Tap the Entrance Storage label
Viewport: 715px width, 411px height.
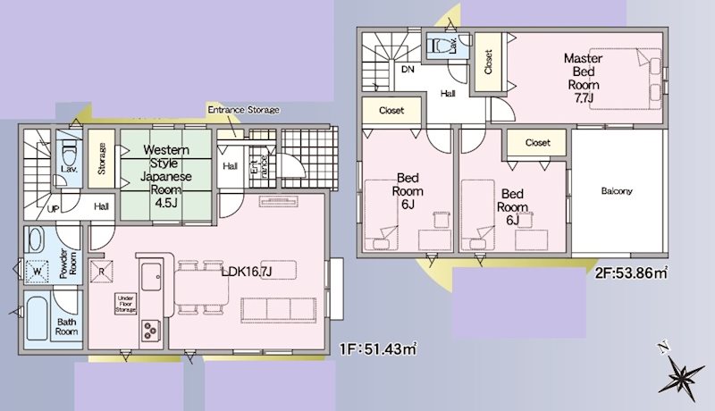243,110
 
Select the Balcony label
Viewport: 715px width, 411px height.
617,191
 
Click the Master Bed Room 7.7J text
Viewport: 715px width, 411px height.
584,78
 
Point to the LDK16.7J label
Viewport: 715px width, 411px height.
247,272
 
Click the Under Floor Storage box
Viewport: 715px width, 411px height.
125,304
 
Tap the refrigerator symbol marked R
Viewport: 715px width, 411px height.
101,272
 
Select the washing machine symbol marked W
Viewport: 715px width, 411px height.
37,272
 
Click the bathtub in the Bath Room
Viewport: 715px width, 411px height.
37,318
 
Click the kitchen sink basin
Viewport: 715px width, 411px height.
151,277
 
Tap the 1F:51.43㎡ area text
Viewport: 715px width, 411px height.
378,349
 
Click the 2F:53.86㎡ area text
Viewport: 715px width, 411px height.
631,273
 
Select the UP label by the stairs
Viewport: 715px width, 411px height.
54,209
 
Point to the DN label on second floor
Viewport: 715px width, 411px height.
408,70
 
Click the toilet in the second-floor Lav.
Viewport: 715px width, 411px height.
439,46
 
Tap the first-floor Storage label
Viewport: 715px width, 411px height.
101,158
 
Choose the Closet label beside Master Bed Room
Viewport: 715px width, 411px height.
488,62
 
